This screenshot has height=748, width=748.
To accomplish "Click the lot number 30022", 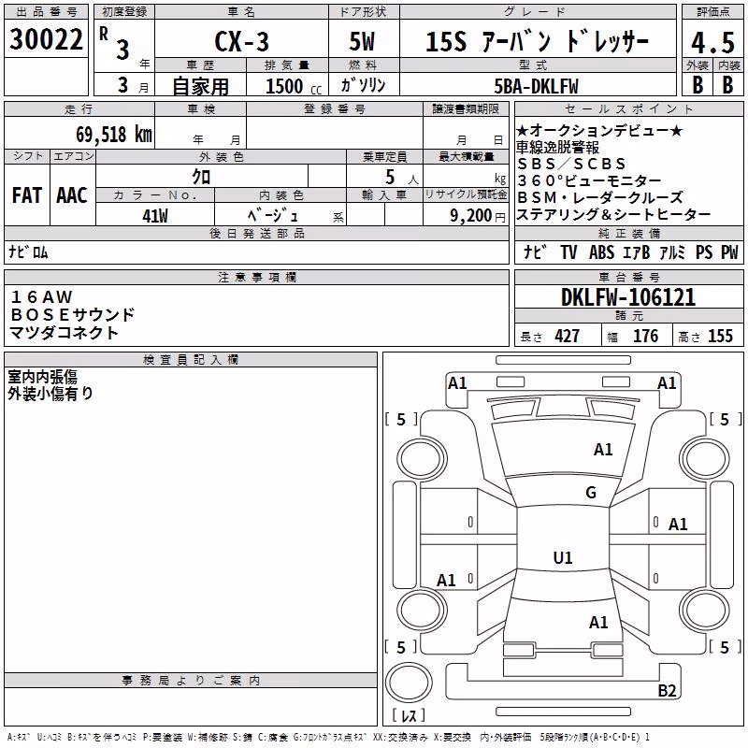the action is (x=46, y=39).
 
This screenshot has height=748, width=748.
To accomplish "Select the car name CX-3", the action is (x=241, y=41).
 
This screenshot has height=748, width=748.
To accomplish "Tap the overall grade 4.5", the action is (x=712, y=43).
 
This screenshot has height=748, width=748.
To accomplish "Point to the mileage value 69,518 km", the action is (x=114, y=135).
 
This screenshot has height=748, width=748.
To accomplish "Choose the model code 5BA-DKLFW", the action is (x=536, y=86).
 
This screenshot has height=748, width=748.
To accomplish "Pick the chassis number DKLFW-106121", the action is (x=628, y=297).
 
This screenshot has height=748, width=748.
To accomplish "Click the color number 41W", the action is (x=155, y=216).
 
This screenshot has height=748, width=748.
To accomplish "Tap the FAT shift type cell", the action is (x=27, y=195).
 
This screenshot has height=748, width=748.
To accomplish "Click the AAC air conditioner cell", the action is (x=72, y=195).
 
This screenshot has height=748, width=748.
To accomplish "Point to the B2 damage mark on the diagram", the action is (x=667, y=690).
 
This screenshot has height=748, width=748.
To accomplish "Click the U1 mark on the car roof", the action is (x=563, y=557).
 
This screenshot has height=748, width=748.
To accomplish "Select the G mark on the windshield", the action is (x=591, y=492).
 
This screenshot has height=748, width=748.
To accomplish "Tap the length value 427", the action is (x=568, y=336).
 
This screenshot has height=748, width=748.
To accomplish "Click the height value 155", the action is (x=720, y=336).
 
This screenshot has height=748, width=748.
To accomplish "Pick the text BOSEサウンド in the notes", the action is (x=73, y=315).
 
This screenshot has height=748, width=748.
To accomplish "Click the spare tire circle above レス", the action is (x=409, y=683).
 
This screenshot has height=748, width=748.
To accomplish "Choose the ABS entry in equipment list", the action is (x=601, y=252).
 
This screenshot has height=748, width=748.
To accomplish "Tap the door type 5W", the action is (x=362, y=41).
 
